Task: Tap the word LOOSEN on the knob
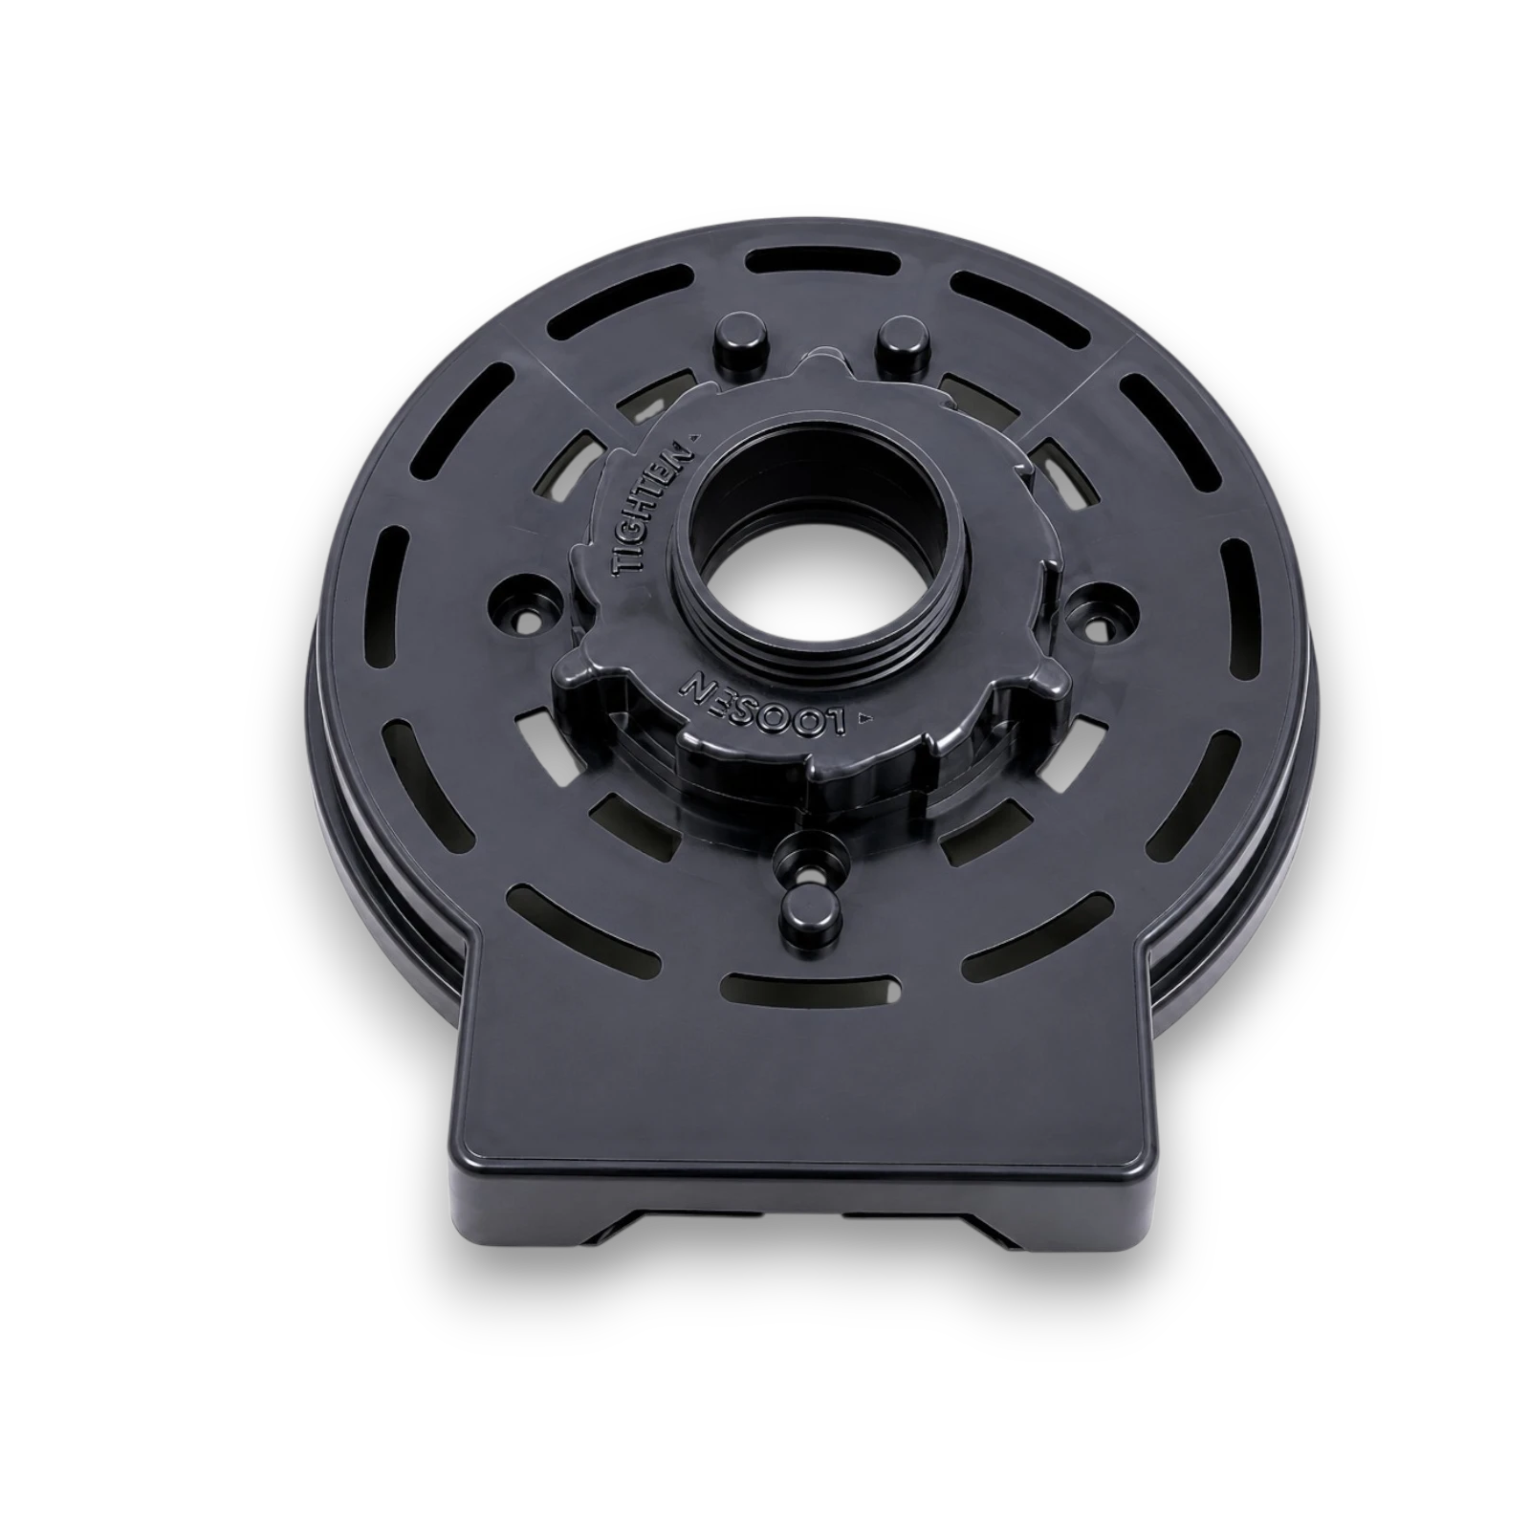pos(763,704)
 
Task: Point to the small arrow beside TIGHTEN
pos(697,434)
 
